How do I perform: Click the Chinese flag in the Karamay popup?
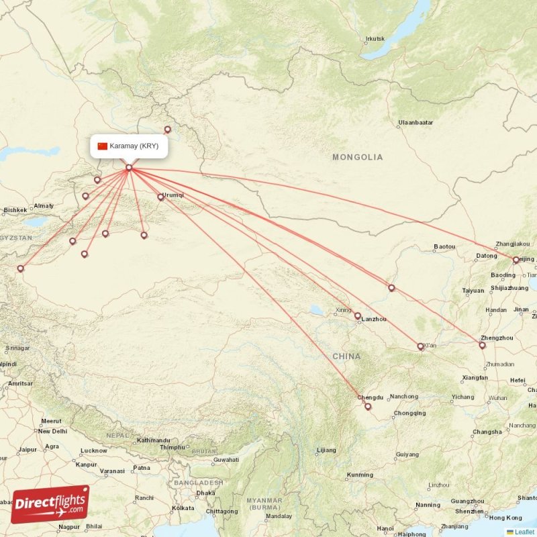click(x=103, y=146)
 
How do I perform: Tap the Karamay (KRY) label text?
click(x=134, y=146)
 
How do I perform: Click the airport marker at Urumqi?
click(x=160, y=197)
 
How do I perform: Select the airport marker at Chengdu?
click(x=367, y=406)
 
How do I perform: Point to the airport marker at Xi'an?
click(x=421, y=347)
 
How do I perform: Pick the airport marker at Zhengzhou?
click(x=482, y=345)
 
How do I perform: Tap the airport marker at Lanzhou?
click(x=358, y=315)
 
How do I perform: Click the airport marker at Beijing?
click(x=516, y=260)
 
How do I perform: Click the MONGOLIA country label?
click(x=358, y=157)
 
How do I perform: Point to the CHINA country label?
click(x=346, y=356)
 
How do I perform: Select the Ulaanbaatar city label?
click(x=416, y=123)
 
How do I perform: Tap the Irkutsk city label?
click(x=375, y=38)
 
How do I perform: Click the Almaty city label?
click(x=44, y=205)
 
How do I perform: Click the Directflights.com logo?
click(x=50, y=503)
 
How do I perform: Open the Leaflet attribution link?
click(x=524, y=532)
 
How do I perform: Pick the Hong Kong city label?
click(x=505, y=518)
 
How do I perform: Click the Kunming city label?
click(x=360, y=475)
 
